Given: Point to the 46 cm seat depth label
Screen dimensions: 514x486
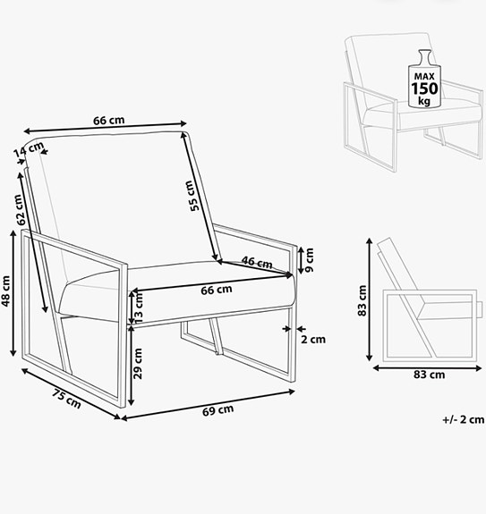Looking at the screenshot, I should (257, 263).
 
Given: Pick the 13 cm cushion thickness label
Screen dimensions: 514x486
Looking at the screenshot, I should (138, 308).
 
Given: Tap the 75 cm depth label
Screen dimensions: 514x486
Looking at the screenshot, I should (66, 399).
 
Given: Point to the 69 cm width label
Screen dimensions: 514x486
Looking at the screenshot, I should (217, 410).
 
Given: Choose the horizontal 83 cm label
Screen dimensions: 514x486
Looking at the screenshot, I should (428, 375).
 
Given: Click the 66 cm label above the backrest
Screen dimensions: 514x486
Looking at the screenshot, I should (108, 121).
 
